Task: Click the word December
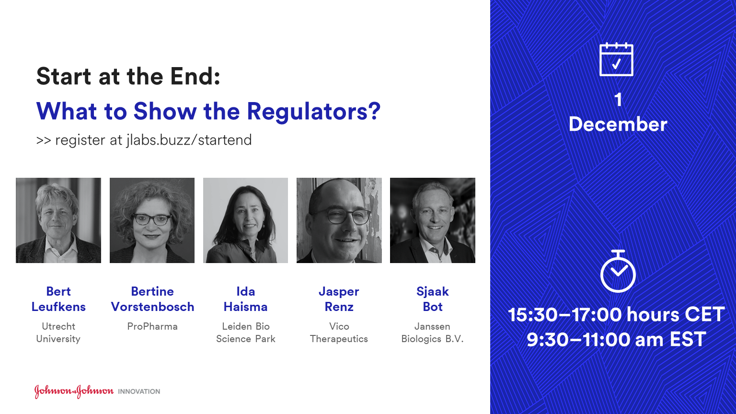tap(618, 125)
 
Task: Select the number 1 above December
tap(619, 100)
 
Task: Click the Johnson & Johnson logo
tap(74, 391)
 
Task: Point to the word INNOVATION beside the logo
tap(139, 391)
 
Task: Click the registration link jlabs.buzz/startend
tap(189, 140)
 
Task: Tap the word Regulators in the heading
tap(313, 112)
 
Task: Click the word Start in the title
tap(64, 76)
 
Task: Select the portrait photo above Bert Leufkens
tap(58, 220)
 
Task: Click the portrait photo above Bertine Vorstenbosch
tap(152, 220)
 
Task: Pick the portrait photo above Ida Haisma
tap(245, 220)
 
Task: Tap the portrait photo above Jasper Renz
tap(339, 220)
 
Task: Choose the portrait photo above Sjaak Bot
tap(433, 220)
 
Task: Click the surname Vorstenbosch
tap(152, 307)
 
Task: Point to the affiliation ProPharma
tap(152, 326)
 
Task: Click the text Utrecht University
tap(58, 333)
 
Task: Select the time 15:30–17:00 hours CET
tap(616, 314)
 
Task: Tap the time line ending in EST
tap(616, 339)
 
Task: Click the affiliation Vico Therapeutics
tap(339, 333)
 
